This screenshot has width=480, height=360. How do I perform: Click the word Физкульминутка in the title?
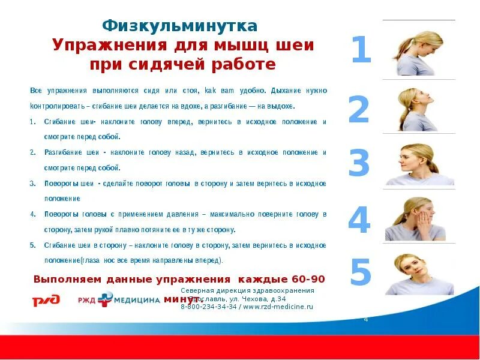(180, 26)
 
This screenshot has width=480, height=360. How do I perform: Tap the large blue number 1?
(361, 50)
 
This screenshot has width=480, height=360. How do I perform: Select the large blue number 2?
(359, 110)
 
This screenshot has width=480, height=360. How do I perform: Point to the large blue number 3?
(359, 163)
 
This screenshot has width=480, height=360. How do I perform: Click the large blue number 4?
(359, 221)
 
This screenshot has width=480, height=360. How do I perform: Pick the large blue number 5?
(361, 272)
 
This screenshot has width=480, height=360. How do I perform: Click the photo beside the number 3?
(419, 164)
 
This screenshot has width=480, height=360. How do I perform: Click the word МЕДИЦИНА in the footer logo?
(137, 300)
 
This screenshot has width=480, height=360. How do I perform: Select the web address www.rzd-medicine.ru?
(278, 307)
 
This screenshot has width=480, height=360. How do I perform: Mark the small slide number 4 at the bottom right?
(366, 319)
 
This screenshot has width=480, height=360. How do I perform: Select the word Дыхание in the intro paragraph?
(290, 91)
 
